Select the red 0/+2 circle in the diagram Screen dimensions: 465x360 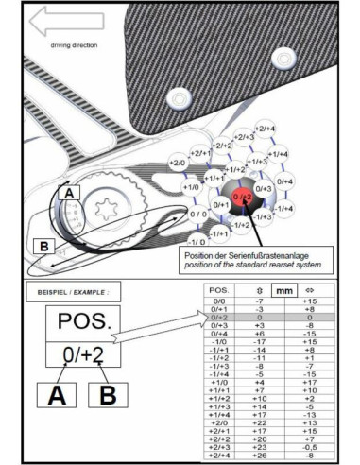(244, 196)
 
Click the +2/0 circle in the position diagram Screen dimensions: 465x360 (177, 164)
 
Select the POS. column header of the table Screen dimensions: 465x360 (219, 292)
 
